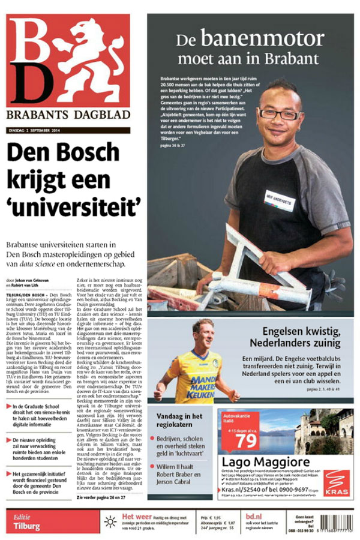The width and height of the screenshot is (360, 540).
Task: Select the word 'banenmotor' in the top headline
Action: (258, 39)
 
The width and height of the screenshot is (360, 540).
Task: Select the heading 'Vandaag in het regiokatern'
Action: (178, 420)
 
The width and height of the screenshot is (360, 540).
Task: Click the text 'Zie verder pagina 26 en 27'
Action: (104, 497)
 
